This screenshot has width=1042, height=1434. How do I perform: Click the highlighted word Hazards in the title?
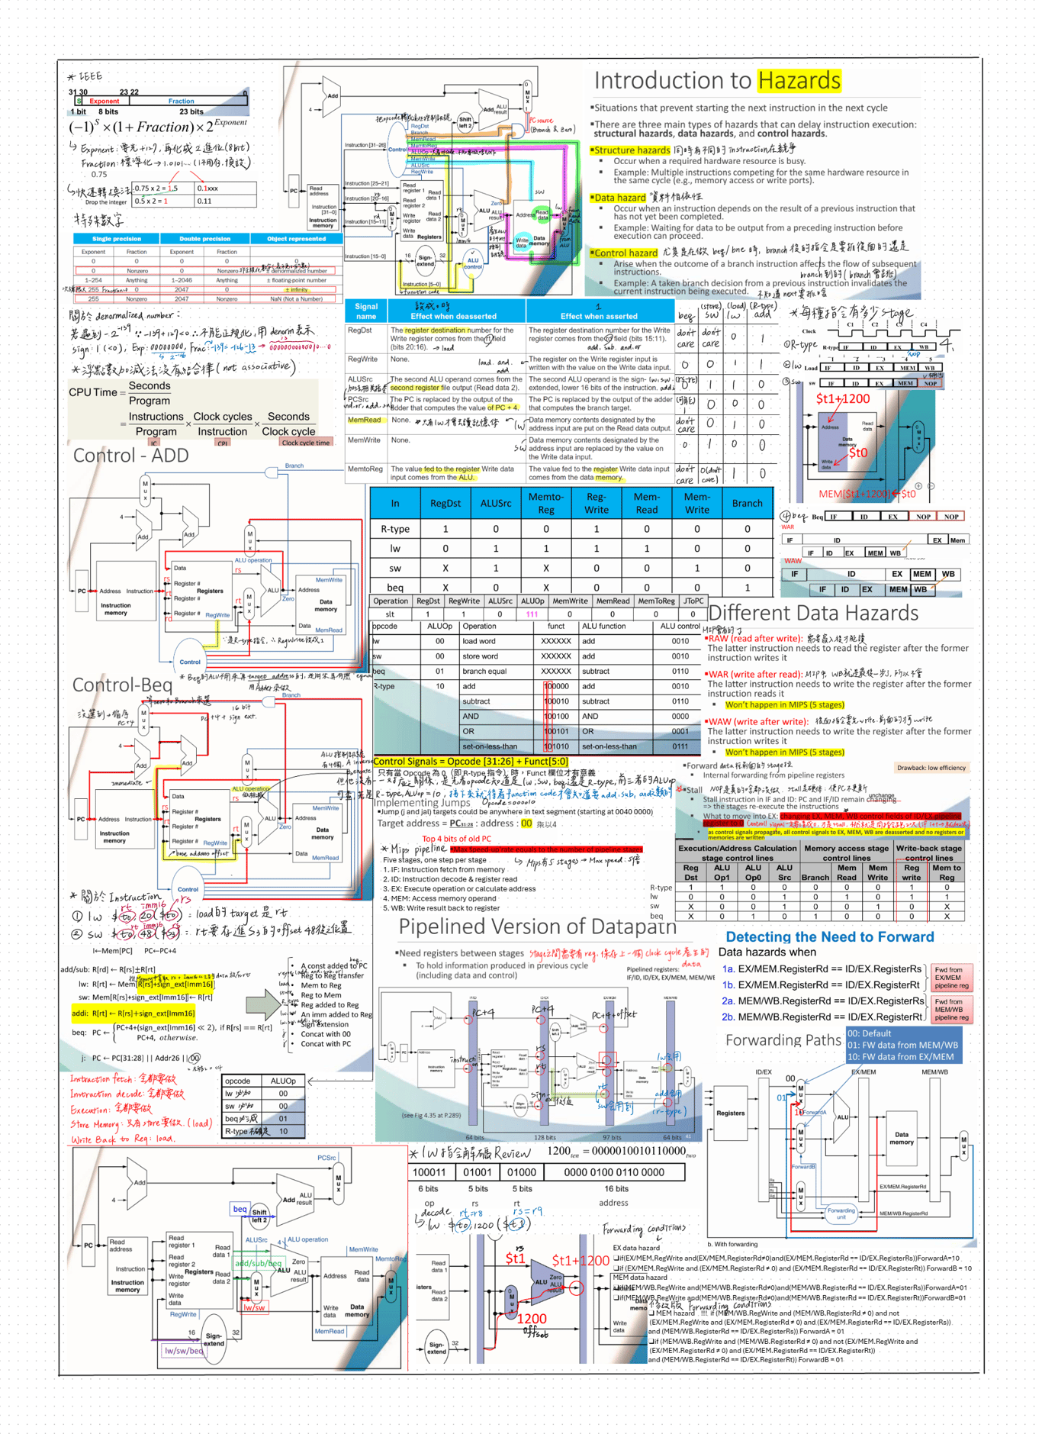pos(799,80)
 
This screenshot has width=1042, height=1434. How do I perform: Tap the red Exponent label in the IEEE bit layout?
pos(104,101)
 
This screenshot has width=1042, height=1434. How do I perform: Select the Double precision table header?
pos(204,239)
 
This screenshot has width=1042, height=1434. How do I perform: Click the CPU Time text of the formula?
pos(92,392)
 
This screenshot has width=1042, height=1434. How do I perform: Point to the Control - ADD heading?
pos(130,456)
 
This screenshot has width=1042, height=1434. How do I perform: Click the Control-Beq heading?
pos(122,685)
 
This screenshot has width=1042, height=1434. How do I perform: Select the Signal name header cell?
pos(366,311)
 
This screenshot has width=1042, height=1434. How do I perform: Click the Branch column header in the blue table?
pos(747,503)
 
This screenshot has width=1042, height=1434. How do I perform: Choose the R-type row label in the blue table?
pos(394,529)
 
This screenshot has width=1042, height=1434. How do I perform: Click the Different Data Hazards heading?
pos(813,613)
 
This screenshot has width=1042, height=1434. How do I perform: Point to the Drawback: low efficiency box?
pos(931,768)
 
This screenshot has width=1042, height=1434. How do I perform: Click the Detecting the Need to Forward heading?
pos(829,936)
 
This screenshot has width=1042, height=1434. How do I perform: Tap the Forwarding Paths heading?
pos(783,1039)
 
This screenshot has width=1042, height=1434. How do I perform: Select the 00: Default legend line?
pos(870,1033)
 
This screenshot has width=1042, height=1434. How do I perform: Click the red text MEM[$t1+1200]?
pos(853,494)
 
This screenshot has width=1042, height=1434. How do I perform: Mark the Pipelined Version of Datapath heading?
pos(537,926)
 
